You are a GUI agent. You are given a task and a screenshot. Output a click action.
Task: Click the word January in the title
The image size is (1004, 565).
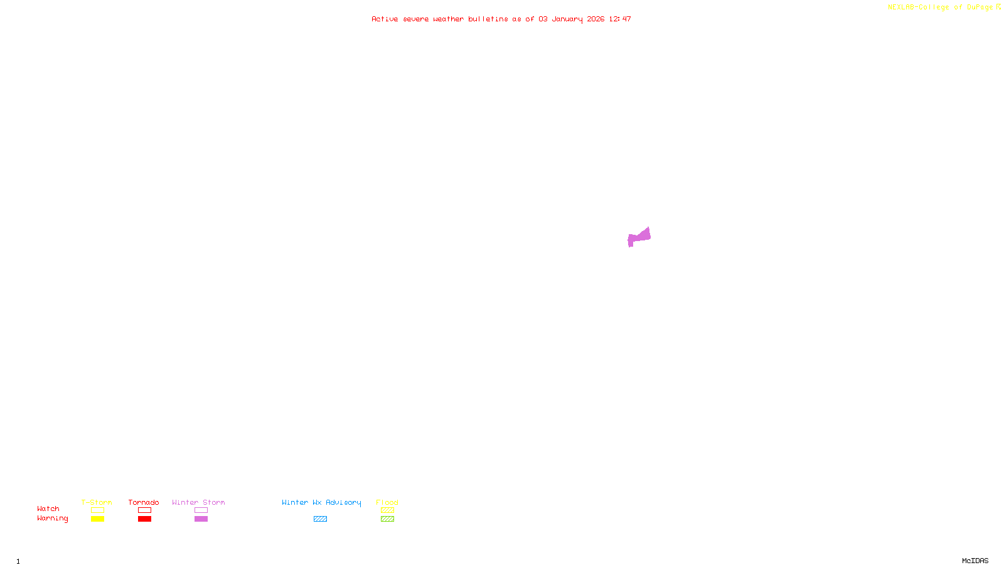(x=567, y=19)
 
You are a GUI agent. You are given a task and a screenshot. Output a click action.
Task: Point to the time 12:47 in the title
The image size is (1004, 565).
(x=619, y=19)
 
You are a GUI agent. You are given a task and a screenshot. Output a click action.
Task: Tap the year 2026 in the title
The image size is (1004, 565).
(x=595, y=19)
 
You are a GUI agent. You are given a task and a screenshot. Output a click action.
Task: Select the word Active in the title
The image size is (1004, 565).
(x=384, y=19)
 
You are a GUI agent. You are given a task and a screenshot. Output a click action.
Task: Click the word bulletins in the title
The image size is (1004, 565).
(x=488, y=19)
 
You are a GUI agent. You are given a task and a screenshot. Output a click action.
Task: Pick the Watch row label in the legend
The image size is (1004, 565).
(x=48, y=508)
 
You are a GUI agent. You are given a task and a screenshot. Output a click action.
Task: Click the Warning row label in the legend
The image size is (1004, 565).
(x=52, y=519)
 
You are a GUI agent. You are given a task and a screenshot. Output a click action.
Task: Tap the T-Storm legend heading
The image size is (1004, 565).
(x=97, y=502)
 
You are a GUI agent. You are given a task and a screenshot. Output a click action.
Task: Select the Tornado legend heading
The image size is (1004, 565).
(x=144, y=502)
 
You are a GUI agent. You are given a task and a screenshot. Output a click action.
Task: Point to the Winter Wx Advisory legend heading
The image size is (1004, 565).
(x=321, y=502)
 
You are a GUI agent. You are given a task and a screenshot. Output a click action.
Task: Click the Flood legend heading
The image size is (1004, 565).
(x=387, y=502)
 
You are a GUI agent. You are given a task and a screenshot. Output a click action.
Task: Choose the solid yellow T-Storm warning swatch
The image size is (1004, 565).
(x=97, y=519)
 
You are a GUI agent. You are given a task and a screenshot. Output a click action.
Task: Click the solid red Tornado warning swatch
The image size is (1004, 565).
(x=144, y=519)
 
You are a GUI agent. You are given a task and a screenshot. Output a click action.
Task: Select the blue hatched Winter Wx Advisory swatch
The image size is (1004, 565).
(x=320, y=519)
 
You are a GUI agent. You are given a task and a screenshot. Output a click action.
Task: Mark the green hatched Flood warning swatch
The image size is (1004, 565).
(x=387, y=519)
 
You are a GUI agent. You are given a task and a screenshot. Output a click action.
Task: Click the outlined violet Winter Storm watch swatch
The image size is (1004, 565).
(x=201, y=510)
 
